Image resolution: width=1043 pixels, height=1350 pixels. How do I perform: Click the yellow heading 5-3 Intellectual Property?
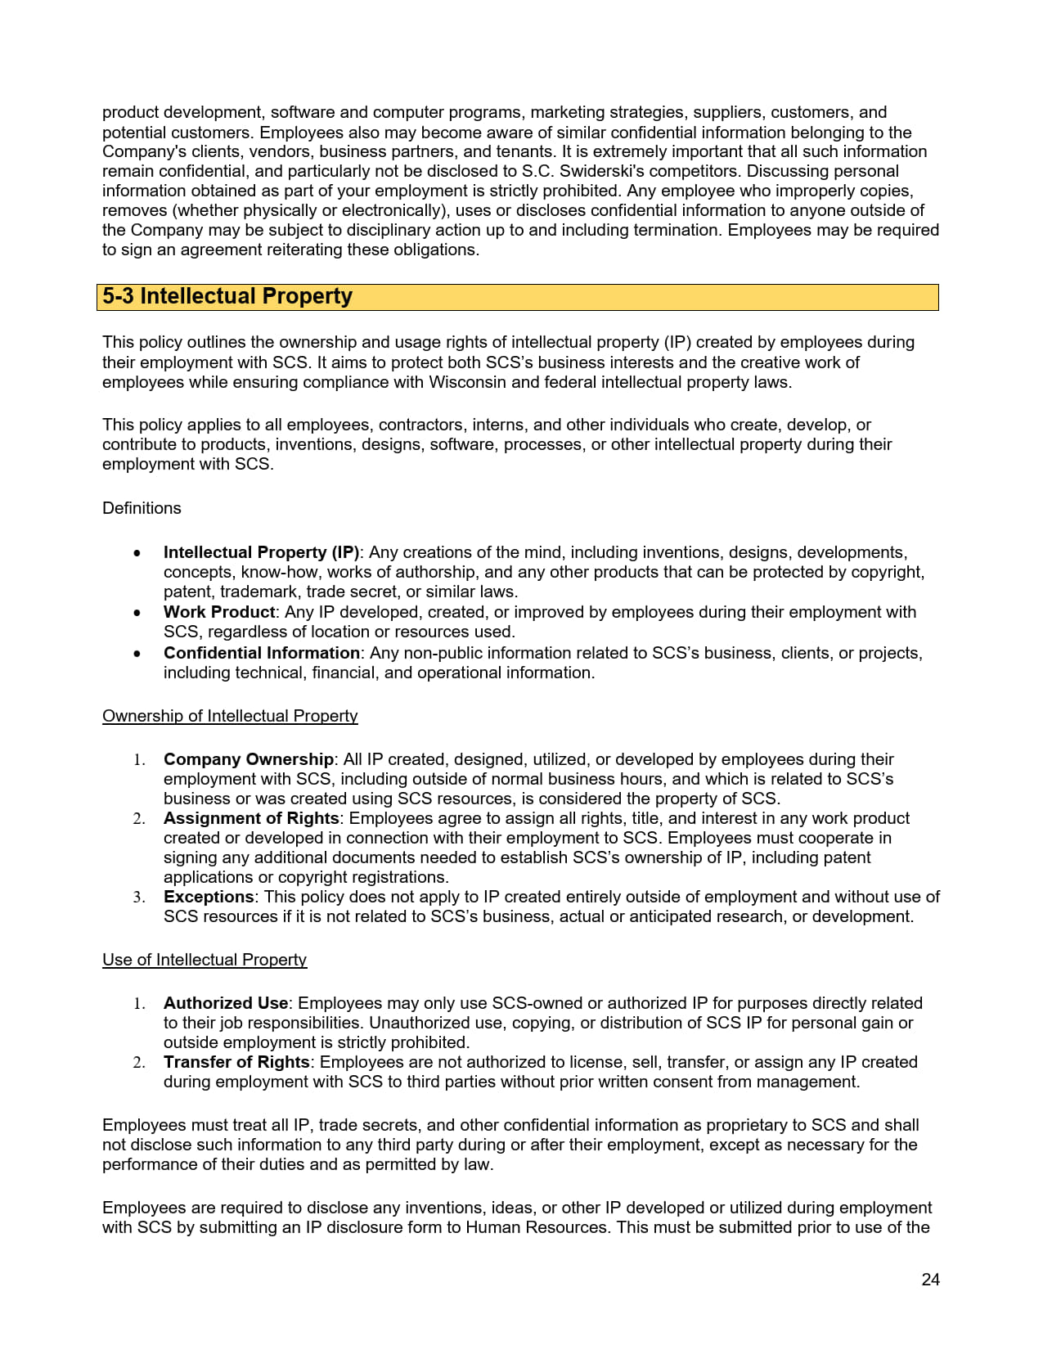(227, 296)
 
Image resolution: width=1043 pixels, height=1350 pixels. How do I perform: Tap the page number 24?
(930, 1280)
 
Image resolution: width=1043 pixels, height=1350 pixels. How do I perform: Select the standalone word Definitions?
(142, 508)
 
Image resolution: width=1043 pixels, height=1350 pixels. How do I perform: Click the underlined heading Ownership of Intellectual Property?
(230, 716)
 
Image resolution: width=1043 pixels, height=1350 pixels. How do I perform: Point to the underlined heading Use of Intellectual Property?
(205, 960)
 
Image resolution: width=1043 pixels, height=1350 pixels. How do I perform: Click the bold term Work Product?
(219, 612)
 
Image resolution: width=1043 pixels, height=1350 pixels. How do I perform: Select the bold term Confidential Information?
(262, 653)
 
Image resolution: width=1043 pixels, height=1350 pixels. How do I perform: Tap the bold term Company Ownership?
(249, 759)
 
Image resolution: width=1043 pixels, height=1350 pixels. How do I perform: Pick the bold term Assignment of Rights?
(251, 818)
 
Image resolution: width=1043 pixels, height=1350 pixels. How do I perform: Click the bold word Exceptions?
(209, 897)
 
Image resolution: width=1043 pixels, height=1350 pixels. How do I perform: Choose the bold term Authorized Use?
(226, 1003)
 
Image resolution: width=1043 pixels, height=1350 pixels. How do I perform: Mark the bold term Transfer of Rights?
(236, 1062)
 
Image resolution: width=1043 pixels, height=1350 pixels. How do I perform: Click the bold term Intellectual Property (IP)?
(261, 552)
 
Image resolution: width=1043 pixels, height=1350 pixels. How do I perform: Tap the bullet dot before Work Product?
(137, 613)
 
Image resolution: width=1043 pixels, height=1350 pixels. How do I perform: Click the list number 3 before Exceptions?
(138, 898)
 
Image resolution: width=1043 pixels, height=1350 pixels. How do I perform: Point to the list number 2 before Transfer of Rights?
(138, 1063)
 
